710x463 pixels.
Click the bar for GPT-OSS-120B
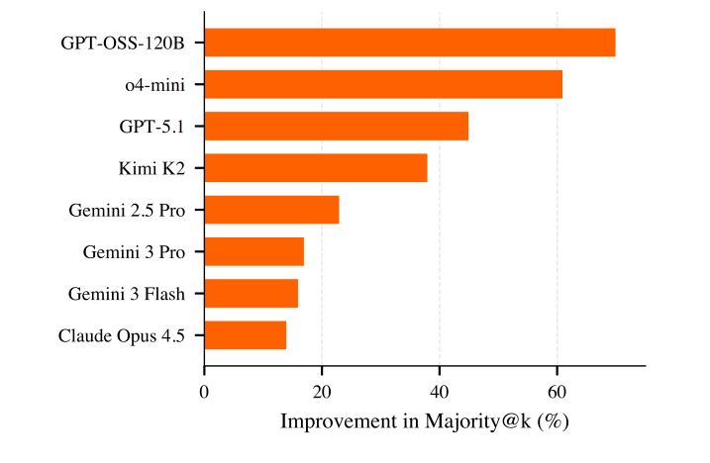coord(409,43)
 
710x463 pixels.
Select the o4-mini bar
coord(383,85)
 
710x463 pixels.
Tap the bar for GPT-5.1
coord(336,127)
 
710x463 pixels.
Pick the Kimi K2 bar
coord(315,168)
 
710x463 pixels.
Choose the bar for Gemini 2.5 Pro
coord(271,210)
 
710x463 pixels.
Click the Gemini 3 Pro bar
coord(254,252)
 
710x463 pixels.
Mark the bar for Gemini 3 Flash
coord(251,294)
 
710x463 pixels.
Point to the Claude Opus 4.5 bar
coord(245,335)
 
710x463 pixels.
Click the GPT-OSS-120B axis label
coord(123,43)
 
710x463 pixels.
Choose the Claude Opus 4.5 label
coord(122,335)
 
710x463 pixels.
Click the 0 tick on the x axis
coord(204,391)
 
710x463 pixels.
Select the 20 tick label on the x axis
coord(321,391)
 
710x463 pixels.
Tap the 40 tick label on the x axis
coord(439,391)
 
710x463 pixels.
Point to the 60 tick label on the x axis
coord(557,391)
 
